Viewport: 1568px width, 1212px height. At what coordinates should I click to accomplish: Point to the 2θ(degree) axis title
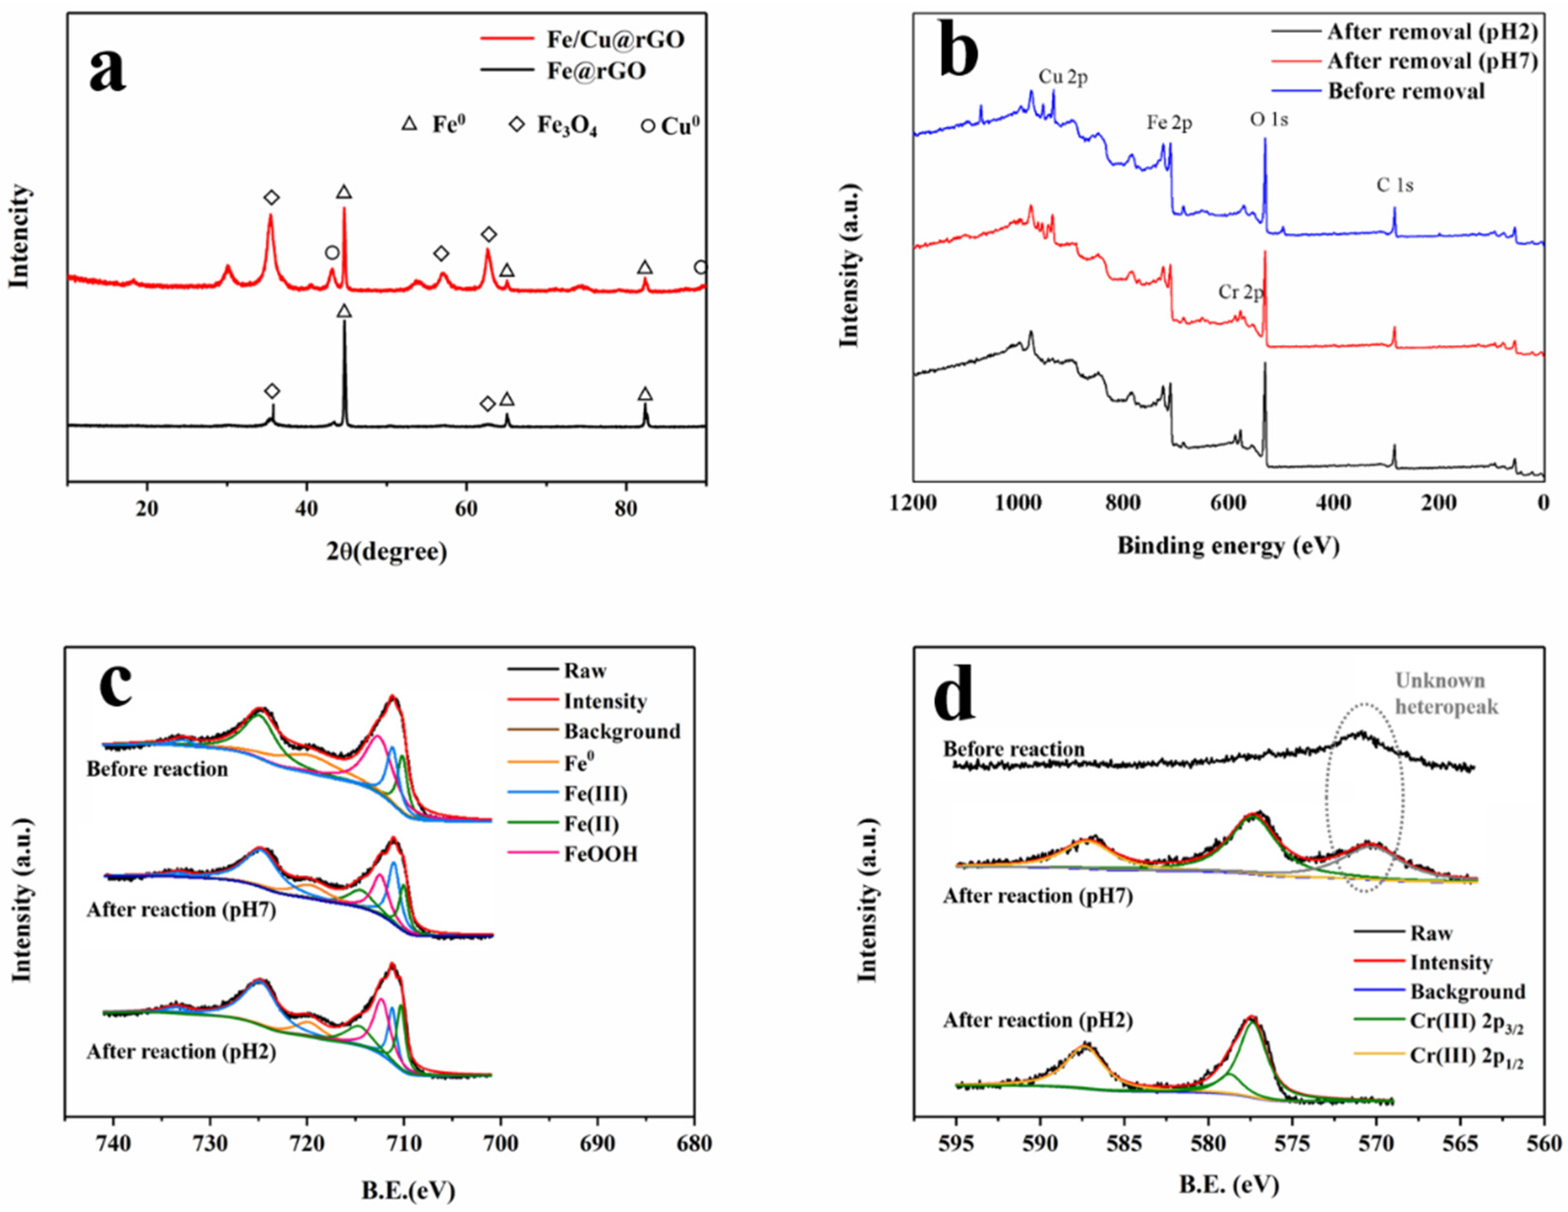387,551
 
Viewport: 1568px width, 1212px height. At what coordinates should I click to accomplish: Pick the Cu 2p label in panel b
1063,77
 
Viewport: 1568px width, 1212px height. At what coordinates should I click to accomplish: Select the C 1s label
1395,185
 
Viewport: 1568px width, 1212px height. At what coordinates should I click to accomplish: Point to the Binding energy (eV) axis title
1228,546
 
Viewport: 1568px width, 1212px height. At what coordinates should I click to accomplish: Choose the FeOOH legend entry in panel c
600,854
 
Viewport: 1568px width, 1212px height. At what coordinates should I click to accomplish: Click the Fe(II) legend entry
591,824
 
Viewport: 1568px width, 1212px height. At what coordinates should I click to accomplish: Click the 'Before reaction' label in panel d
1014,749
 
